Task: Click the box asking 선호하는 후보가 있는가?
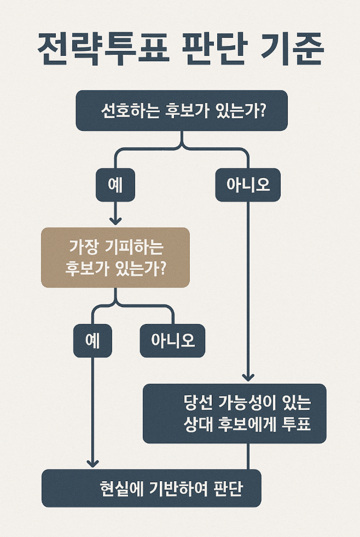[181, 111]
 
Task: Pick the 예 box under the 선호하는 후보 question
[115, 184]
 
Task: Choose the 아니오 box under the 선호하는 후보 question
[248, 184]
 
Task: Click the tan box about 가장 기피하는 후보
[115, 257]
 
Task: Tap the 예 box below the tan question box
[92, 340]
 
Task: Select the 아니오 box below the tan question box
[172, 340]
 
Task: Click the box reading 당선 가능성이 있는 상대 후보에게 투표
[234, 413]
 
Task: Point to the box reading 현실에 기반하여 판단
[151, 488]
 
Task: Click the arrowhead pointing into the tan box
[115, 220]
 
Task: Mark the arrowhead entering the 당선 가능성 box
[248, 376]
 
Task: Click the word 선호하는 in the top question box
[130, 111]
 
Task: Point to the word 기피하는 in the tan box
[137, 247]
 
